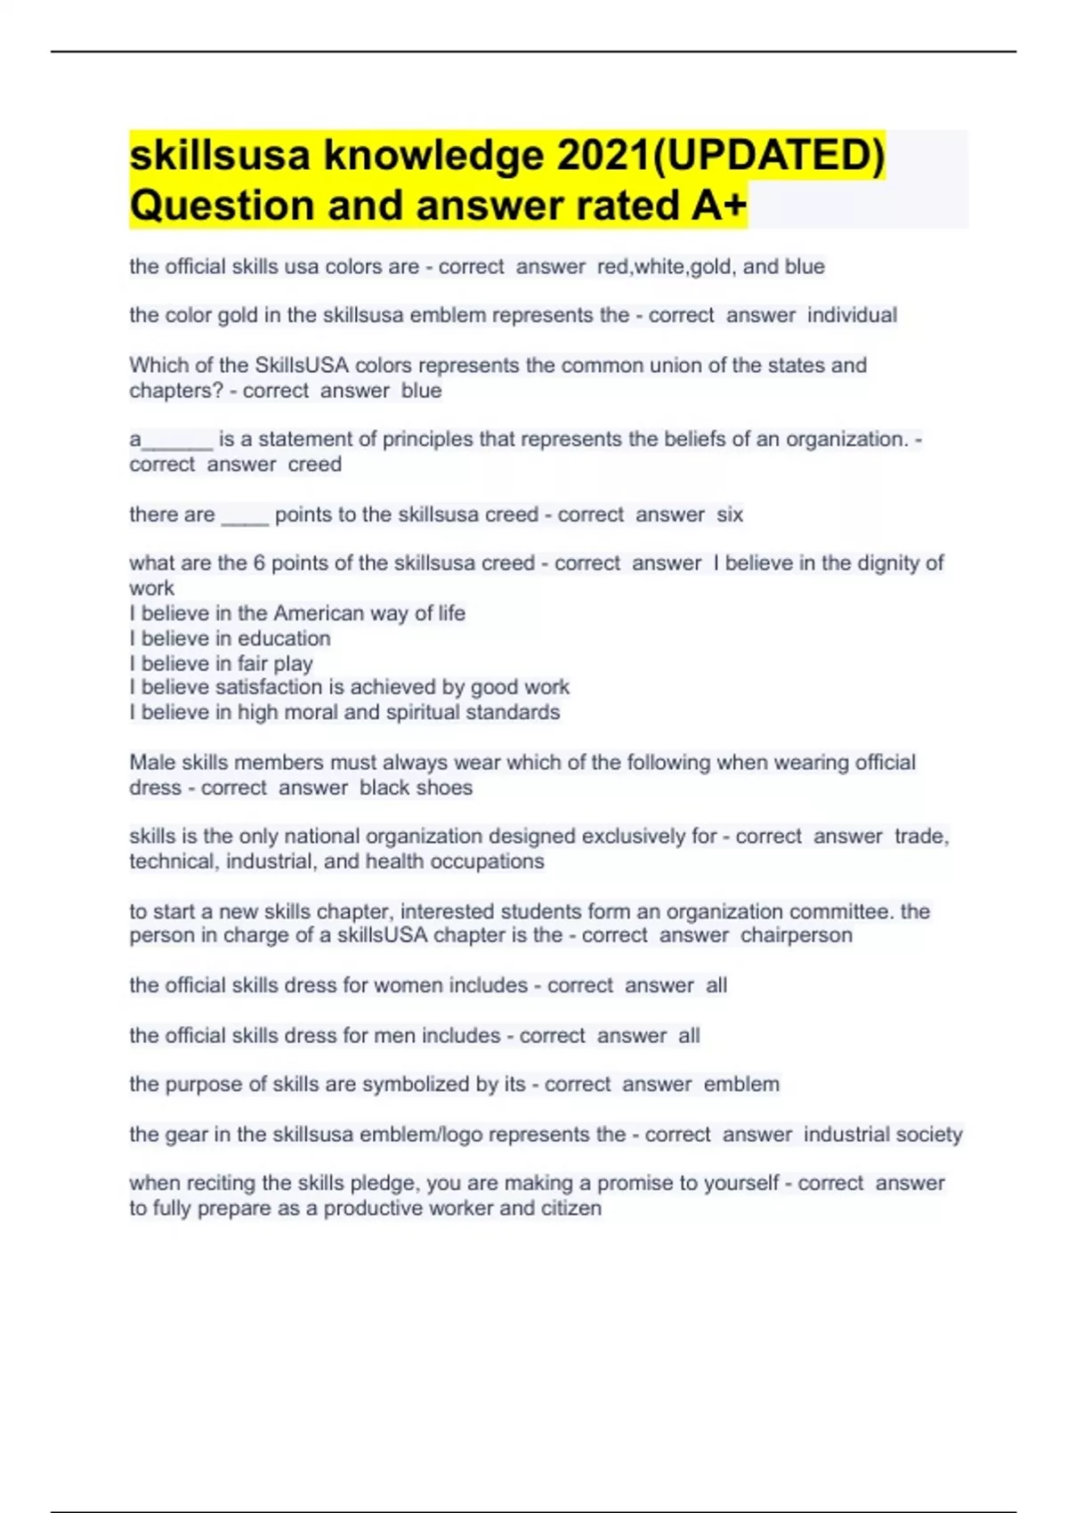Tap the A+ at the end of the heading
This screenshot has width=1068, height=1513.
pos(718,206)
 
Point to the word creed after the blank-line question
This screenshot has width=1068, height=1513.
pos(314,465)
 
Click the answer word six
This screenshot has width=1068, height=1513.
pos(730,514)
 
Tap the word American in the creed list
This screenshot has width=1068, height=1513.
pos(318,613)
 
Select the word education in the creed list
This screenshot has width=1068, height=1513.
pos(284,638)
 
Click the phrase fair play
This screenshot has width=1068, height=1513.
pos(275,663)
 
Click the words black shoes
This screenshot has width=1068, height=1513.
pos(416,788)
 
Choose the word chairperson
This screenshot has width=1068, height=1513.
pos(796,935)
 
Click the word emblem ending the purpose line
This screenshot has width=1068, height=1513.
pos(741,1084)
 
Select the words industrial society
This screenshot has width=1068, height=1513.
pos(882,1134)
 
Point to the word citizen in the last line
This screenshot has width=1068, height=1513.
pos(570,1209)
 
